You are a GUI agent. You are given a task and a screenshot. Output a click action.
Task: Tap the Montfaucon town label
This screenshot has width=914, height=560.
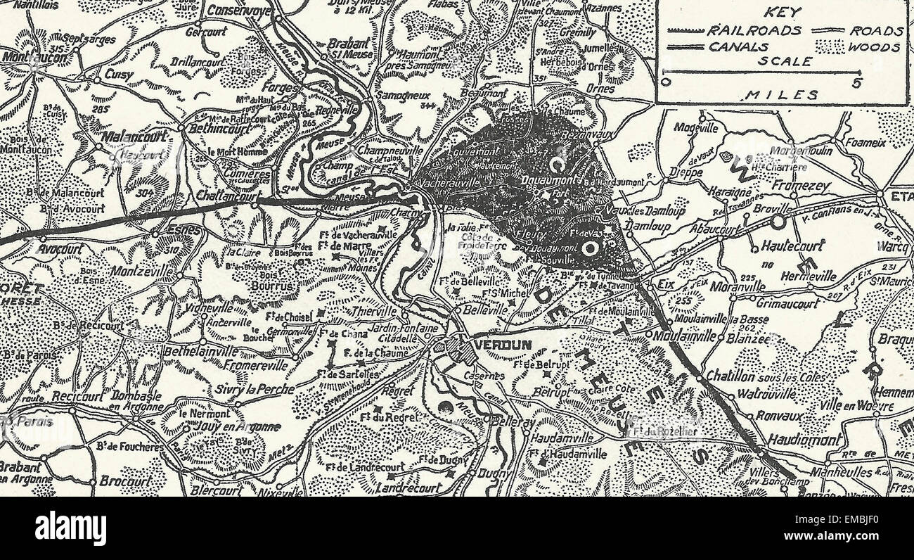tap(34, 56)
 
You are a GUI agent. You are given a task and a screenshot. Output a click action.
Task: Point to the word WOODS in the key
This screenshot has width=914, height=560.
tap(874, 47)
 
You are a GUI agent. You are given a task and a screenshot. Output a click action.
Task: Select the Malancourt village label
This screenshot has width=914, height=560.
tap(133, 139)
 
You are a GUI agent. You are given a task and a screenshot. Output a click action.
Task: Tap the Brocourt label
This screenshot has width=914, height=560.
tap(125, 482)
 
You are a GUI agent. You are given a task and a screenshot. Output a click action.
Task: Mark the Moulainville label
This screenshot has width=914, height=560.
tap(684, 335)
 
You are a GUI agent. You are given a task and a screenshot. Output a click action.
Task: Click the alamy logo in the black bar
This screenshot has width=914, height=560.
tap(70, 528)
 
